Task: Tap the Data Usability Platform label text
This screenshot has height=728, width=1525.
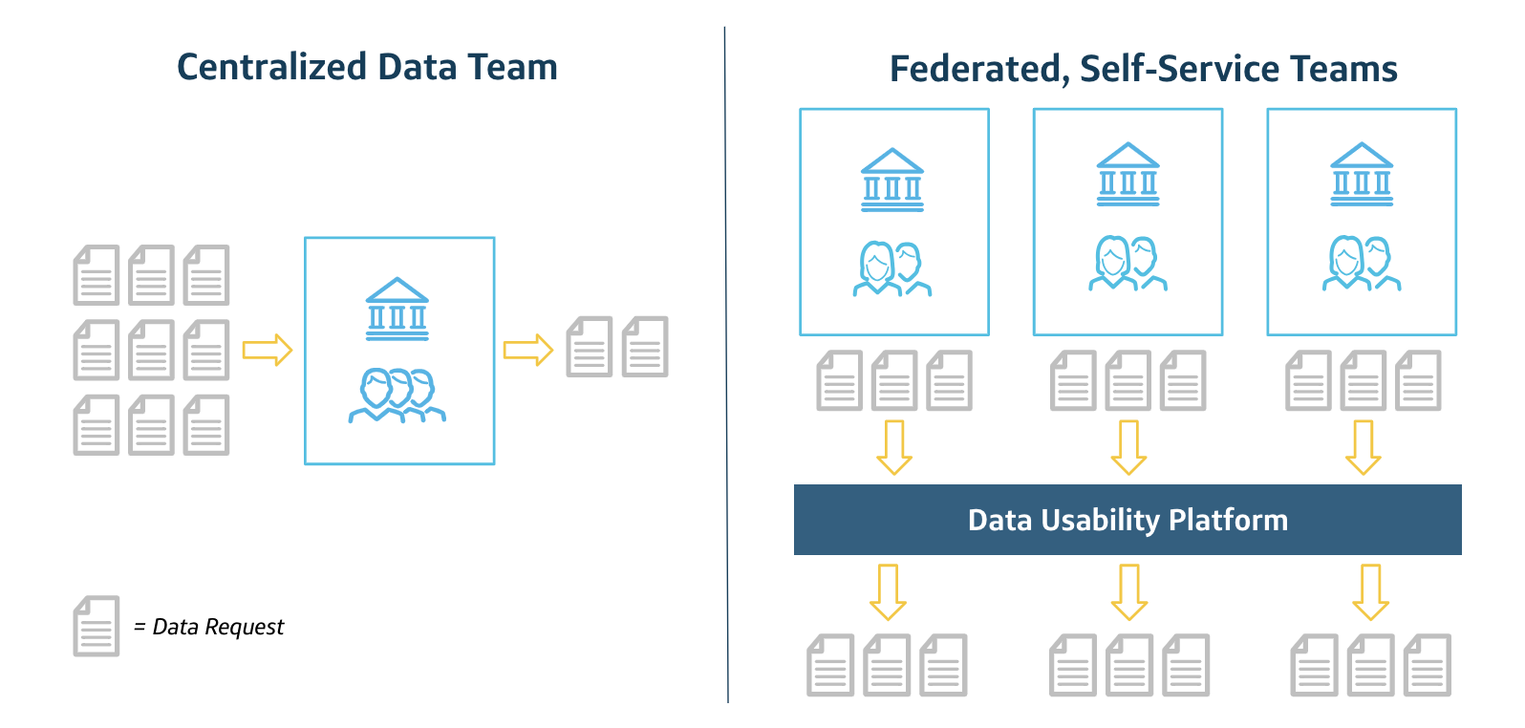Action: pyautogui.click(x=1128, y=520)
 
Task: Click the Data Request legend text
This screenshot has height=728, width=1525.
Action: pyautogui.click(x=218, y=627)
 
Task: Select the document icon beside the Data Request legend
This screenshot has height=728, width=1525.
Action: pyautogui.click(x=97, y=627)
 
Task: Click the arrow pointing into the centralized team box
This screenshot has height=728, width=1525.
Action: pyautogui.click(x=267, y=350)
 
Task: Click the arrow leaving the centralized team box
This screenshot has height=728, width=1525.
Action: pyautogui.click(x=528, y=350)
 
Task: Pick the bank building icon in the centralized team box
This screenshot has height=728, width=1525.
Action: pyautogui.click(x=397, y=310)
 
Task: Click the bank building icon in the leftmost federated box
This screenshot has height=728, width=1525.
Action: pyautogui.click(x=892, y=180)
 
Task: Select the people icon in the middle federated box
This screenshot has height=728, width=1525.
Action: pyautogui.click(x=1128, y=264)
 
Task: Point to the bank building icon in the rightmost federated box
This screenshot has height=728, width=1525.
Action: pyautogui.click(x=1362, y=175)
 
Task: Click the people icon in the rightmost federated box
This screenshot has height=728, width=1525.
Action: pyautogui.click(x=1362, y=264)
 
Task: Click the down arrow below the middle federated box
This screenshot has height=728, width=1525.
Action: pyautogui.click(x=1128, y=447)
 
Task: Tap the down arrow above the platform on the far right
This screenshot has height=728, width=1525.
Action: pyautogui.click(x=1364, y=447)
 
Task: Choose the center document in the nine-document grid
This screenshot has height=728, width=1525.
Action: pyautogui.click(x=151, y=350)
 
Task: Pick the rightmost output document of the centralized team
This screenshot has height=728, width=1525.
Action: pyautogui.click(x=645, y=347)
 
